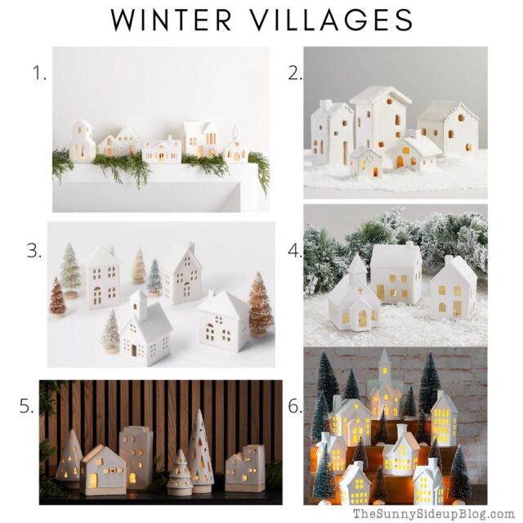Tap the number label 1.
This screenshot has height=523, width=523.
point(38,73)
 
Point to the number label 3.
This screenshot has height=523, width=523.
point(34,250)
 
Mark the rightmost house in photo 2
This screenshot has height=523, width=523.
point(447,129)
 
